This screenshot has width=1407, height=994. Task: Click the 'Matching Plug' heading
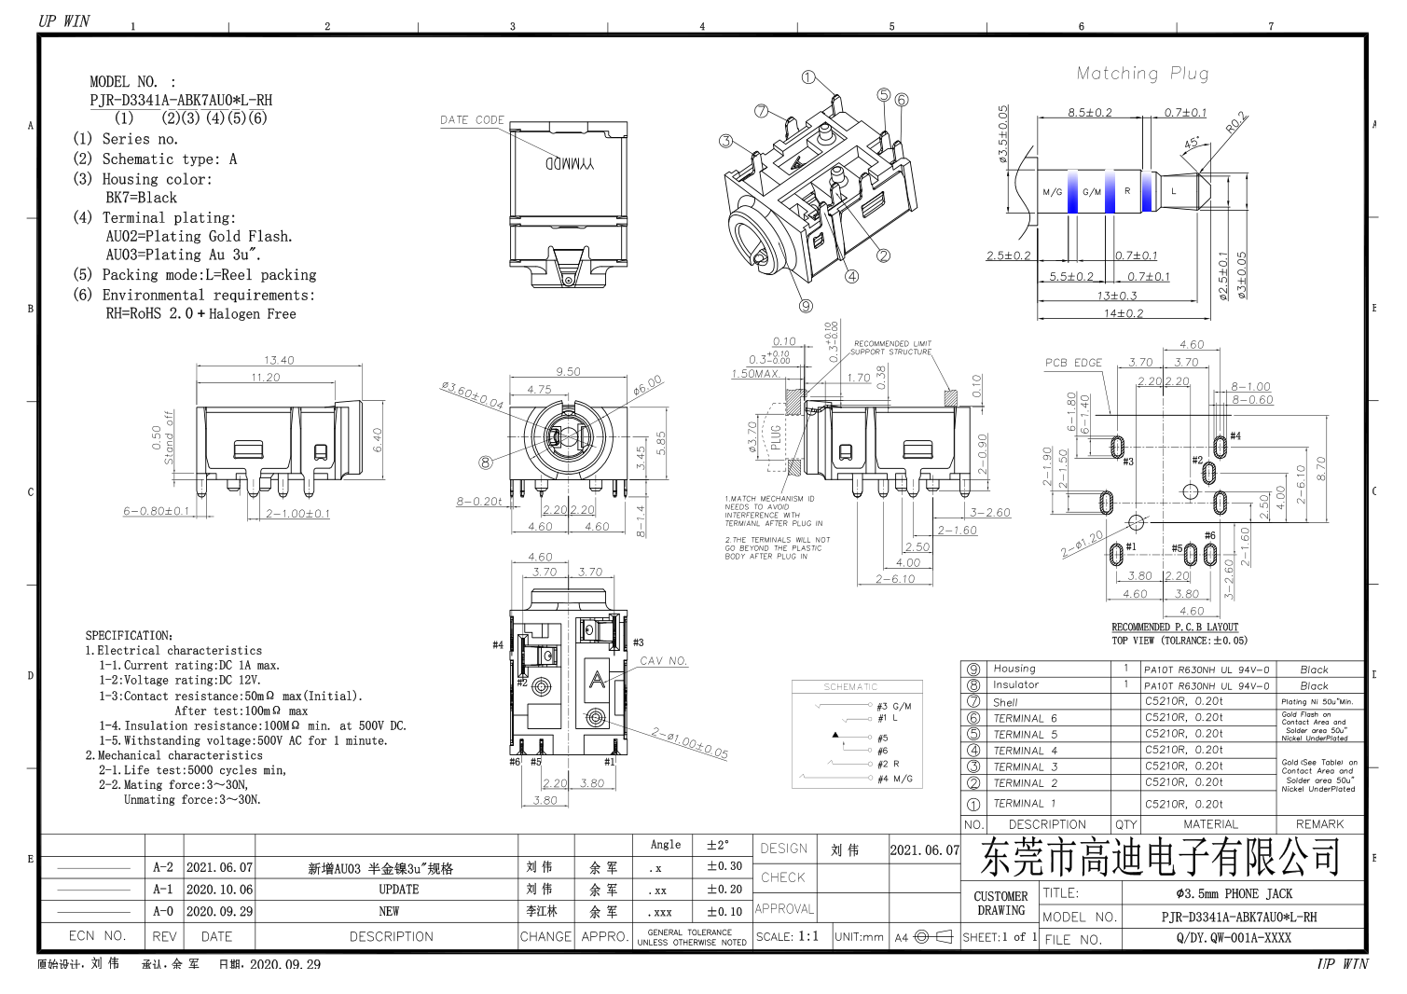click(x=1142, y=74)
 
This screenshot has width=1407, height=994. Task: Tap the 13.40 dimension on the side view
click(x=279, y=360)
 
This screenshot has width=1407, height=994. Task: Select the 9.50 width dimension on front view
click(x=568, y=371)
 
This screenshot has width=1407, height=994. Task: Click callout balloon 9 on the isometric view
click(x=806, y=305)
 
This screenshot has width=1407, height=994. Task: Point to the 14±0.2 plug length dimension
click(x=1123, y=313)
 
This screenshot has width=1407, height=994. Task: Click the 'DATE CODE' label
click(x=472, y=120)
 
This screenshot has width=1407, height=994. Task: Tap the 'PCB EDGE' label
click(x=1073, y=363)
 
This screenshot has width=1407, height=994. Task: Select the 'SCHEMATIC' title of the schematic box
click(x=850, y=687)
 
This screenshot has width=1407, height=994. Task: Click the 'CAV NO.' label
click(x=664, y=661)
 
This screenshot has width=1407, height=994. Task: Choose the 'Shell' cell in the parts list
click(x=1005, y=702)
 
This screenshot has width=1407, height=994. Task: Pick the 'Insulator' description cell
click(x=1015, y=685)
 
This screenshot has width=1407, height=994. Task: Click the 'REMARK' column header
click(x=1319, y=824)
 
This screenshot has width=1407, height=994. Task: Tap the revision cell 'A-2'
click(x=163, y=867)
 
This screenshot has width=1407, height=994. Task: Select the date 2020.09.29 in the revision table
click(x=219, y=912)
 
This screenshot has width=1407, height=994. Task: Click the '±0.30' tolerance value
click(x=724, y=866)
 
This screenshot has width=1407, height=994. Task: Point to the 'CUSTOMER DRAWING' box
click(x=1000, y=904)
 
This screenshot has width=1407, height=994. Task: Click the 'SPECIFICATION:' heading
click(x=130, y=636)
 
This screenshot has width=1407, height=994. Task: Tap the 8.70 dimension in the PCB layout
click(x=1319, y=468)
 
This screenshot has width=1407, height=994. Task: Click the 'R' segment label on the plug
click(x=1127, y=191)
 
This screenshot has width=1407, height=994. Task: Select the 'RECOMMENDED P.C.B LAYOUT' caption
click(x=1175, y=628)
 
